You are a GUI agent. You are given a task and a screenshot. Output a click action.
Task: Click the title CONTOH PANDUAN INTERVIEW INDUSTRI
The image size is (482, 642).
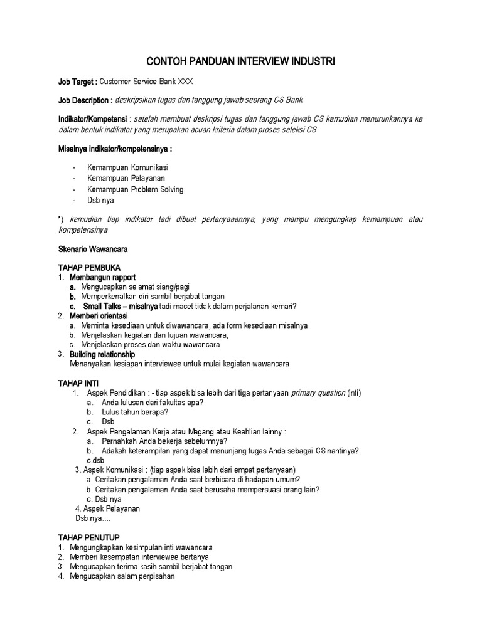click(x=241, y=61)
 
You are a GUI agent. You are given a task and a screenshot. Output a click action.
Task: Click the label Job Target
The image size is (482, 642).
click(x=77, y=82)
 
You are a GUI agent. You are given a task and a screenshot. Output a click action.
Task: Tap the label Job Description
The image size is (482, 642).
click(x=85, y=100)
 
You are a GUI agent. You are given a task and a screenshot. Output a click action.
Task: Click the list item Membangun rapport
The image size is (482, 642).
click(x=102, y=277)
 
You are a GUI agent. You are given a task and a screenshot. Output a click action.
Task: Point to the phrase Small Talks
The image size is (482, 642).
click(x=102, y=306)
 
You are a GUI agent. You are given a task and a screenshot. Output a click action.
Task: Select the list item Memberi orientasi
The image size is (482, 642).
click(x=98, y=316)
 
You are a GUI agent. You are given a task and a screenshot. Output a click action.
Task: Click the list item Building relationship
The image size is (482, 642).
click(x=102, y=355)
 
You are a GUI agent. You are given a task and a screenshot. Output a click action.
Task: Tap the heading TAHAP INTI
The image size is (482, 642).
click(x=78, y=383)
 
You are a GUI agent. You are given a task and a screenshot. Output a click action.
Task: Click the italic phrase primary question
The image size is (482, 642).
click(x=318, y=393)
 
